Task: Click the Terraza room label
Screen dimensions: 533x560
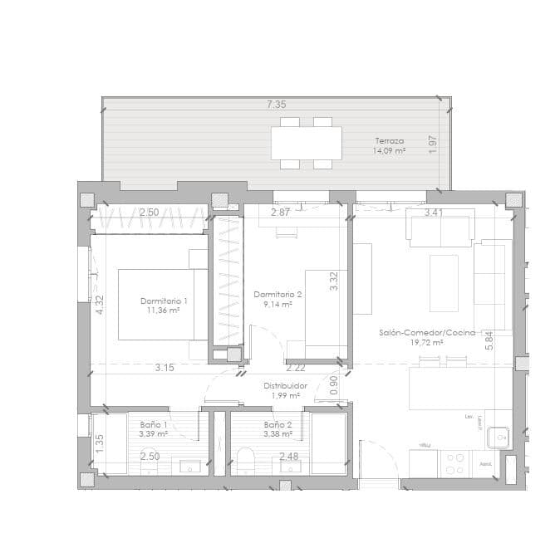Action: pos(390,140)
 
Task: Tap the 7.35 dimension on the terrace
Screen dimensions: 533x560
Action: pos(276,105)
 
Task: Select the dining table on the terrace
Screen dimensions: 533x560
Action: pos(306,143)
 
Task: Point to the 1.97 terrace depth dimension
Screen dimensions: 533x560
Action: pos(432,143)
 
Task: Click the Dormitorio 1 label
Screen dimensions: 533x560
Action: pos(164,301)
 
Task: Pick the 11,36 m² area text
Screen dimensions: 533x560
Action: pos(164,311)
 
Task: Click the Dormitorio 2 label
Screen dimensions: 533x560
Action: pos(278,294)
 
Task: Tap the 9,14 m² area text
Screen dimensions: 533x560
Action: pos(278,305)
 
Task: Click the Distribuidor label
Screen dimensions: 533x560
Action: pos(286,386)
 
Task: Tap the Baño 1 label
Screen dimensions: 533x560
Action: pos(154,423)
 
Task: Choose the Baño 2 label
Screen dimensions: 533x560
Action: pos(278,423)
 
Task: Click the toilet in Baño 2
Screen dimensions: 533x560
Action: pos(246,459)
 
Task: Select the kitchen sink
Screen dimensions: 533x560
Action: pos(499,434)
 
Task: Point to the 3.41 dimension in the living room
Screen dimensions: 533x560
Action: pos(434,213)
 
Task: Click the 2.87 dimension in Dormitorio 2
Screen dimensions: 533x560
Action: pos(281,213)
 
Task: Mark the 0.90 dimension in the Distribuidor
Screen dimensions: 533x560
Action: pos(333,385)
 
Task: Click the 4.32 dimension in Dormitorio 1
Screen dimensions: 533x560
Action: pos(100,305)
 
